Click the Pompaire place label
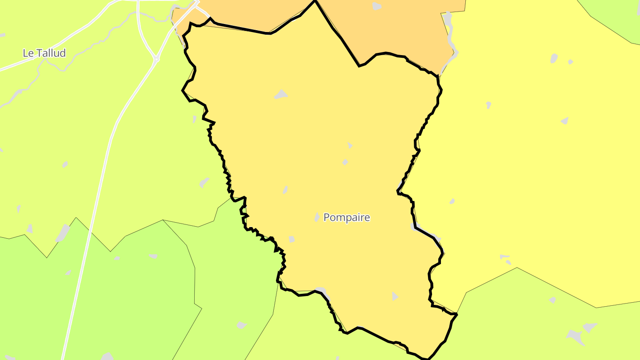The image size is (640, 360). point(346,217)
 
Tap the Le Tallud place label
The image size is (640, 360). point(44,53)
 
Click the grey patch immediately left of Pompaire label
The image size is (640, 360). point(317,217)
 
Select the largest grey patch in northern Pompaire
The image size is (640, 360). point(281,94)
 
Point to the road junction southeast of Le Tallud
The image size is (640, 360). point(156,59)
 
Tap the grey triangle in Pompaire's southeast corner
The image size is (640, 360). point(395,296)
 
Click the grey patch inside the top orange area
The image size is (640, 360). point(376,6)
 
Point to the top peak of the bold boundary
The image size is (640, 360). point(315,1)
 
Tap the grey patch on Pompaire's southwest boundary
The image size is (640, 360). point(321,291)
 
